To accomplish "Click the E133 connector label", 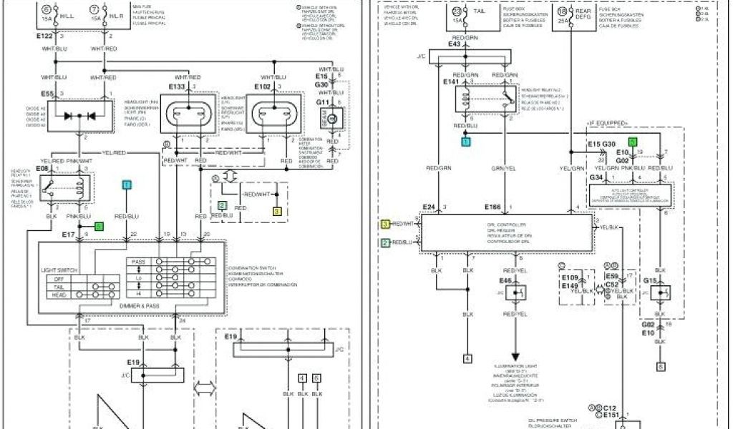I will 177,87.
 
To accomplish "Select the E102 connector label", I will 263,87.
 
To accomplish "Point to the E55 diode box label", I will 48,94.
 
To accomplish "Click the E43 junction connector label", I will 455,45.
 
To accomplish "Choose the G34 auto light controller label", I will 596,177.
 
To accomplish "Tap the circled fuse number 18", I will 563,11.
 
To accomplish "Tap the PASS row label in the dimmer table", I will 139,262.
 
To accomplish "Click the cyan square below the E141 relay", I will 465,142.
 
